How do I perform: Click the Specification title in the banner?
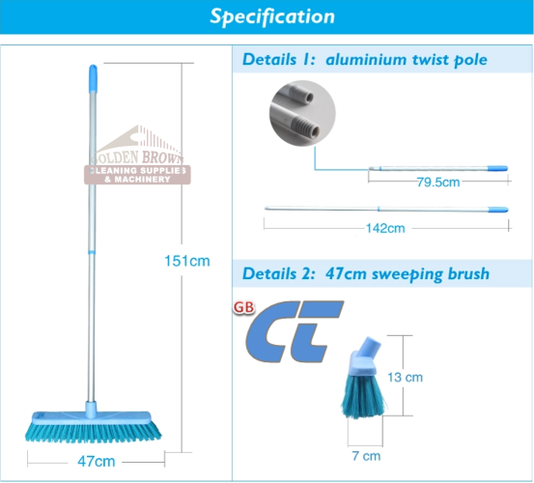[272, 16]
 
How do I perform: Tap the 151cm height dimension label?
[187, 261]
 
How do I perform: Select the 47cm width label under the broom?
[96, 461]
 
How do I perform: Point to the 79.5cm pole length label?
[438, 183]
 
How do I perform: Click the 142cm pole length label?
[385, 228]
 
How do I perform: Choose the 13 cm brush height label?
[405, 377]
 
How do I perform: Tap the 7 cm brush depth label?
[366, 456]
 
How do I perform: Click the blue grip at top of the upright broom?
[93, 78]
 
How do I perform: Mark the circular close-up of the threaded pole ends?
[302, 113]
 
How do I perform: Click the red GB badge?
[244, 307]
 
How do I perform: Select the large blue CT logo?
[295, 331]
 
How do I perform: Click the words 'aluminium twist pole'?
[407, 60]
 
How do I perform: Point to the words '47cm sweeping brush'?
[408, 273]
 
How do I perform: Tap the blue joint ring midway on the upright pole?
[92, 252]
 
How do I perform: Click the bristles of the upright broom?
[93, 433]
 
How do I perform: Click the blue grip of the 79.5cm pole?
[497, 168]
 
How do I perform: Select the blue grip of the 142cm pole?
[498, 210]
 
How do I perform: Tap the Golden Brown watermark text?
[137, 157]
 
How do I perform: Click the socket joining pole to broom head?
[91, 410]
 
